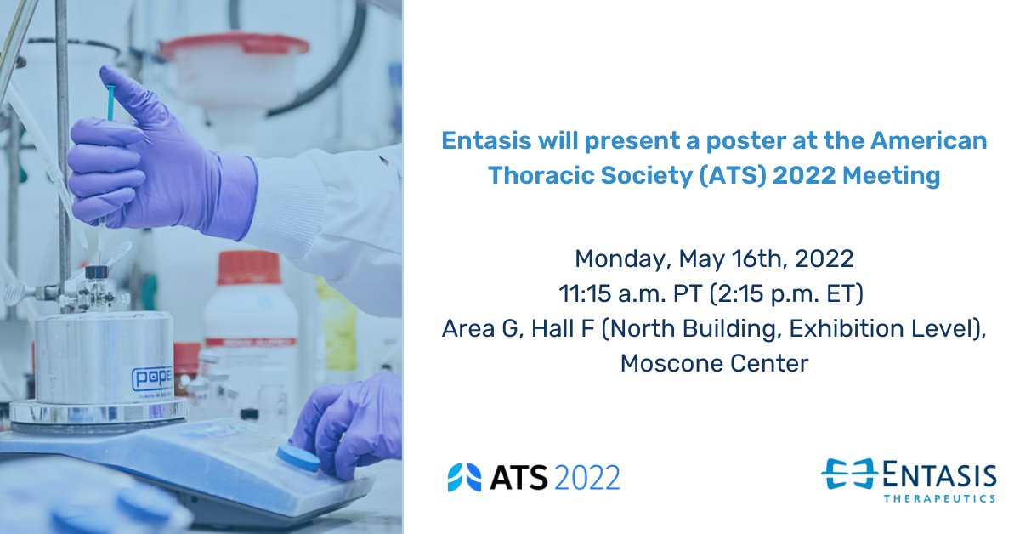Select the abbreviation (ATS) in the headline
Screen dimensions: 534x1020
tap(701, 176)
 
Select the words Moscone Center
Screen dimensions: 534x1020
tap(714, 363)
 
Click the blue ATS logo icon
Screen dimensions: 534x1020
tap(464, 477)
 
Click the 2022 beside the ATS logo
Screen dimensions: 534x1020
tap(587, 477)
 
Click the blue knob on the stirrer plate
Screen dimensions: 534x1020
tap(298, 460)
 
